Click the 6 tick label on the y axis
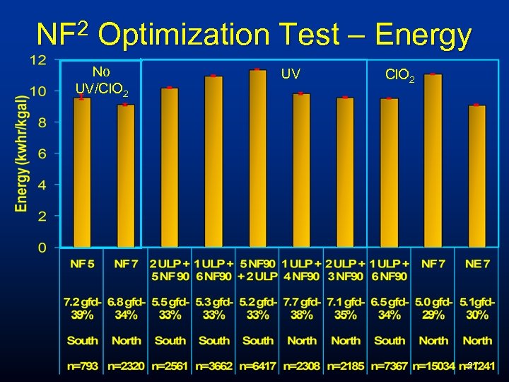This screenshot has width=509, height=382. pos(42,154)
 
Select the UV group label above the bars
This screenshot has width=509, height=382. pos(291,73)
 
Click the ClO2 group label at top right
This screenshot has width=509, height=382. pos(400,74)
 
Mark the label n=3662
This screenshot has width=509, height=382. pos(213,368)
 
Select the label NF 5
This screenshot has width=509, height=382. pos(82,264)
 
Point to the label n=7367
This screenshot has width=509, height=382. pos(389,368)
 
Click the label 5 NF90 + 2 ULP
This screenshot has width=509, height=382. pos(258,270)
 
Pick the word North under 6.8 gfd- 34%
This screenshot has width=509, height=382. pos(126,340)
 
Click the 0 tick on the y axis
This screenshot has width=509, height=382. pos(42,248)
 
